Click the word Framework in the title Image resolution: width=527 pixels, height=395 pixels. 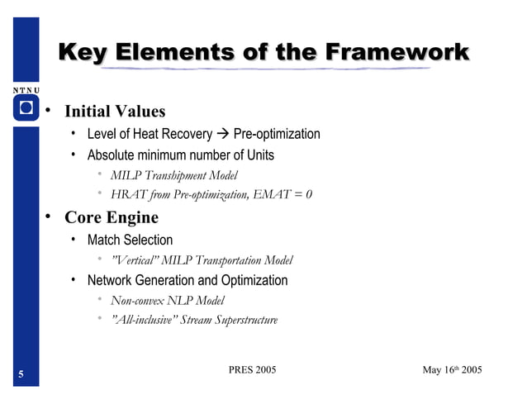[x=397, y=53]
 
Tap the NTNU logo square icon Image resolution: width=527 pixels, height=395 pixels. [x=26, y=108]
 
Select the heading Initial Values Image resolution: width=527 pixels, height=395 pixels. [x=115, y=112]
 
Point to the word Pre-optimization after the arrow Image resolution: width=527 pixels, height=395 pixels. [x=277, y=135]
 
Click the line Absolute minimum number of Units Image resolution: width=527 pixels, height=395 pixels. [x=180, y=155]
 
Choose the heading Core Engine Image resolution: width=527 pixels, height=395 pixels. [x=112, y=218]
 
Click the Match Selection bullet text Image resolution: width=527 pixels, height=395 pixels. [x=130, y=240]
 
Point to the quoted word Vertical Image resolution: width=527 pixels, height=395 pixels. [x=135, y=260]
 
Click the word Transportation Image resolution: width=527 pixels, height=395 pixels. [x=230, y=260]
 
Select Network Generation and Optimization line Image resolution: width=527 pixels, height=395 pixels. [x=188, y=281]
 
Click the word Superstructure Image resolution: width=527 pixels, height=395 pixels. [x=238, y=321]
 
